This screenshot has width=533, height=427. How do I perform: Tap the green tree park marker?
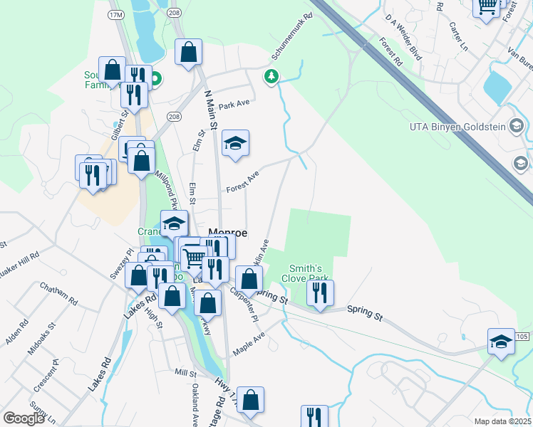click(271, 76)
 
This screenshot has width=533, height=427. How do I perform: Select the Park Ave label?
click(234, 105)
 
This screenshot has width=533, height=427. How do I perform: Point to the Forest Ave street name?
click(242, 182)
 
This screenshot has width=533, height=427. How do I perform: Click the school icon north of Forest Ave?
click(235, 144)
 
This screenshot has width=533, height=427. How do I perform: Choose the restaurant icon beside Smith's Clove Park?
click(320, 292)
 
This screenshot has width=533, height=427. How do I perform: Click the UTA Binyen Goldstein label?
click(457, 127)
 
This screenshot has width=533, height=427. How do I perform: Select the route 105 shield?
click(524, 336)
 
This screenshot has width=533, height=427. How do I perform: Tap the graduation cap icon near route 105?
click(502, 342)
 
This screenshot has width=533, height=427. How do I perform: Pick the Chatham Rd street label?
click(58, 293)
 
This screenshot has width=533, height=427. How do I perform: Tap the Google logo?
click(24, 418)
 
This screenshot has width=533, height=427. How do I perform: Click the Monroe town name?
click(227, 233)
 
